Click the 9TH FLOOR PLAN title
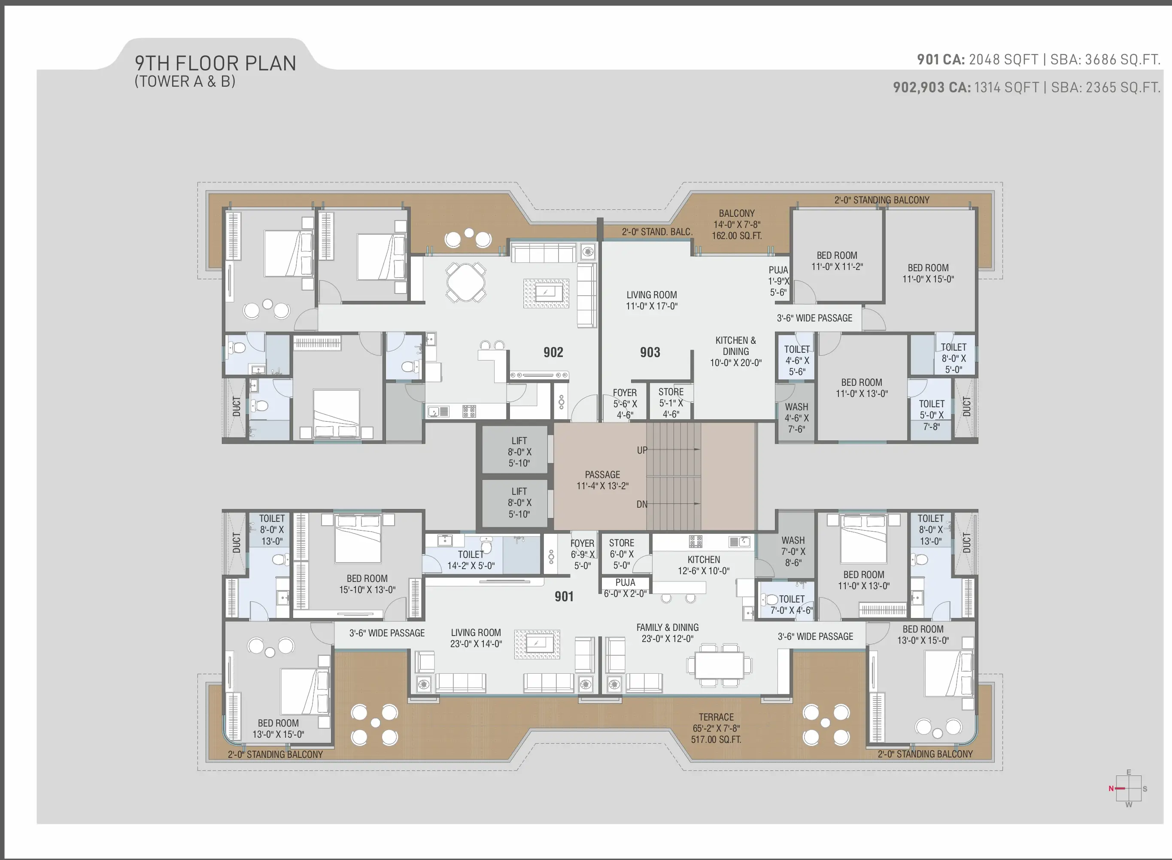(216, 63)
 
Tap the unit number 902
(553, 352)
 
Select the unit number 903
(650, 352)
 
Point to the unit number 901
(564, 597)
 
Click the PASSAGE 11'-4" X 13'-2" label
(602, 480)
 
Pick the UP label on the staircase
(642, 450)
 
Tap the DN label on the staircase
(642, 504)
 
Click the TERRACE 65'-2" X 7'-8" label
(717, 728)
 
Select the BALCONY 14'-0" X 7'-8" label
(737, 224)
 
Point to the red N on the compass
(1111, 789)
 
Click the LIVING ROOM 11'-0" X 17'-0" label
(651, 300)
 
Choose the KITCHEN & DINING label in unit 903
(736, 351)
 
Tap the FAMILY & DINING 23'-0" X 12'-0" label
(668, 633)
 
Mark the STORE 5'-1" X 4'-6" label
(671, 403)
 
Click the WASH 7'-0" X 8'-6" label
(793, 551)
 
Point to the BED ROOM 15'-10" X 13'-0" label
(367, 584)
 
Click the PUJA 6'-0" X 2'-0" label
(625, 588)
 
